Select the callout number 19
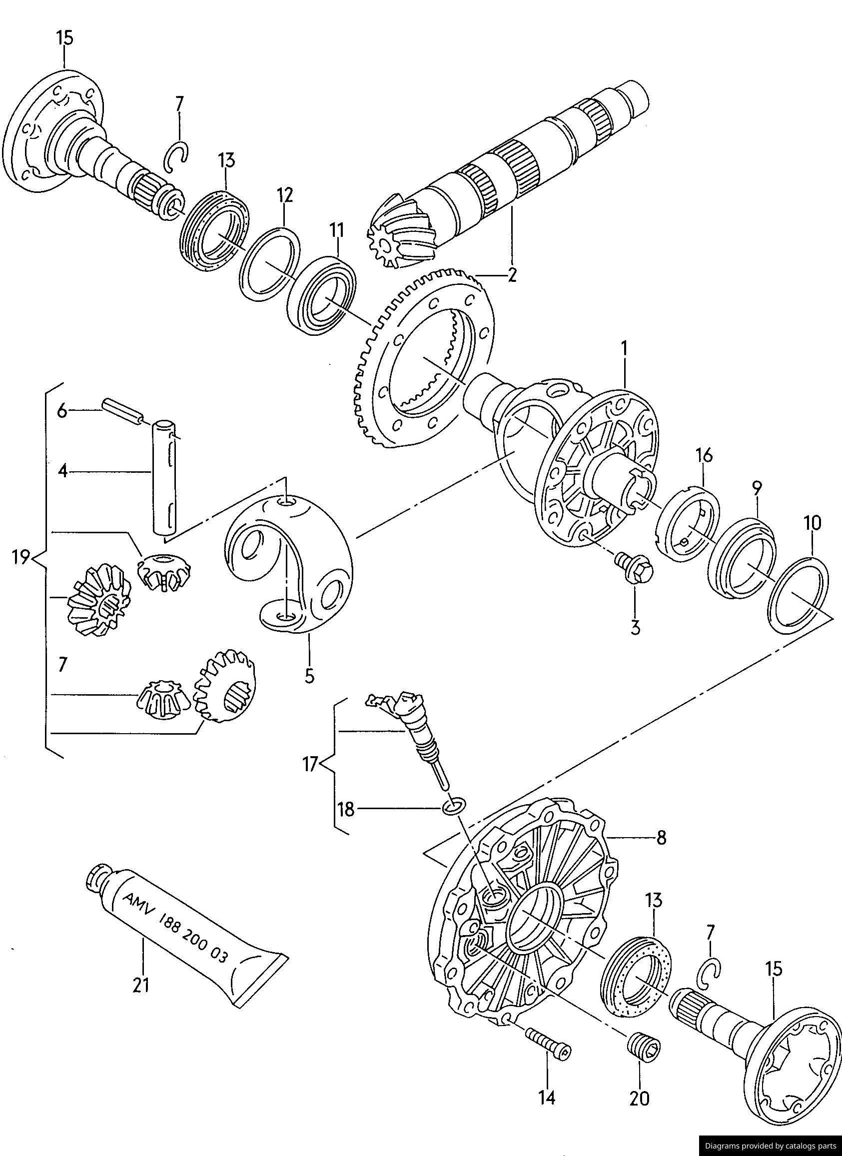(21, 558)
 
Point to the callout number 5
(309, 676)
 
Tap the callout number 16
(705, 455)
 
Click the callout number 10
(813, 523)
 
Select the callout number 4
(62, 471)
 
